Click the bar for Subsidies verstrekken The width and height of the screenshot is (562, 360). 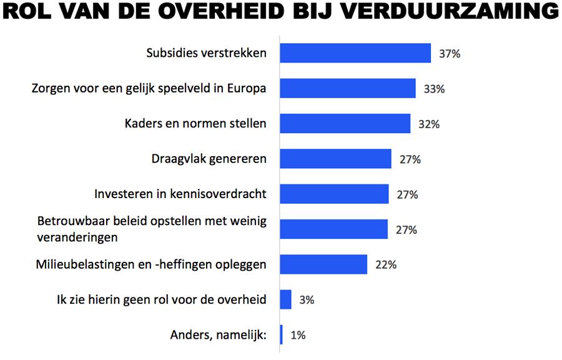pyautogui.click(x=355, y=53)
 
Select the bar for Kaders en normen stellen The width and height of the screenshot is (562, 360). pyautogui.click(x=345, y=124)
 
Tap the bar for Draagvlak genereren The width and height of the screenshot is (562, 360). pyautogui.click(x=335, y=159)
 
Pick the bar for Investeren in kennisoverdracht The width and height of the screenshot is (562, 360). pyautogui.click(x=334, y=194)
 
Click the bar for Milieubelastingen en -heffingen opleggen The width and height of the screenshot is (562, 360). pyautogui.click(x=323, y=264)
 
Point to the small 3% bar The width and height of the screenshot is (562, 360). pyautogui.click(x=285, y=299)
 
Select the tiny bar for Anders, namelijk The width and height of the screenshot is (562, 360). pyautogui.click(x=282, y=335)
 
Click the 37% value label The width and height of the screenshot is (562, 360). pyautogui.click(x=450, y=54)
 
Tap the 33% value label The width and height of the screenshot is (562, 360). pyautogui.click(x=434, y=89)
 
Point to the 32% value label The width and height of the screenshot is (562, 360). pyautogui.click(x=429, y=124)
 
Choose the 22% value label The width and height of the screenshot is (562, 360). pyautogui.click(x=386, y=264)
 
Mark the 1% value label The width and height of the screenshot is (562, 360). pyautogui.click(x=298, y=335)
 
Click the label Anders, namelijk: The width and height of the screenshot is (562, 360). pyautogui.click(x=218, y=335)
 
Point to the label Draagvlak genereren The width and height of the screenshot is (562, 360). pyautogui.click(x=209, y=159)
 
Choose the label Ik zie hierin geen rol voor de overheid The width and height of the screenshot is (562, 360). pyautogui.click(x=161, y=300)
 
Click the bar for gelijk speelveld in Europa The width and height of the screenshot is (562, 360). pyautogui.click(x=347, y=89)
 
